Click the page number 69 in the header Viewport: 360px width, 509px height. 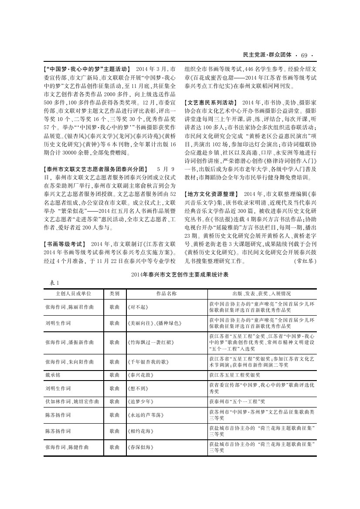[x=304, y=55]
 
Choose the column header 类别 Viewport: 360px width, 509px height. [x=114, y=294]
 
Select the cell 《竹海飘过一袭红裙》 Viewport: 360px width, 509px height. [x=146, y=342]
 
